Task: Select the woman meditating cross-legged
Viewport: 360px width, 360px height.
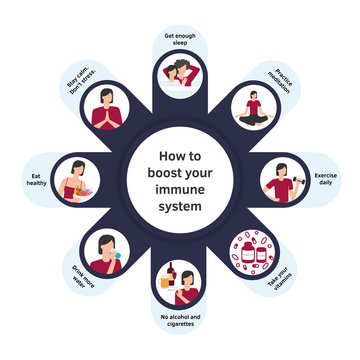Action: tap(253, 106)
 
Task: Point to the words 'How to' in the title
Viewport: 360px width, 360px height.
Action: tap(181, 155)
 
